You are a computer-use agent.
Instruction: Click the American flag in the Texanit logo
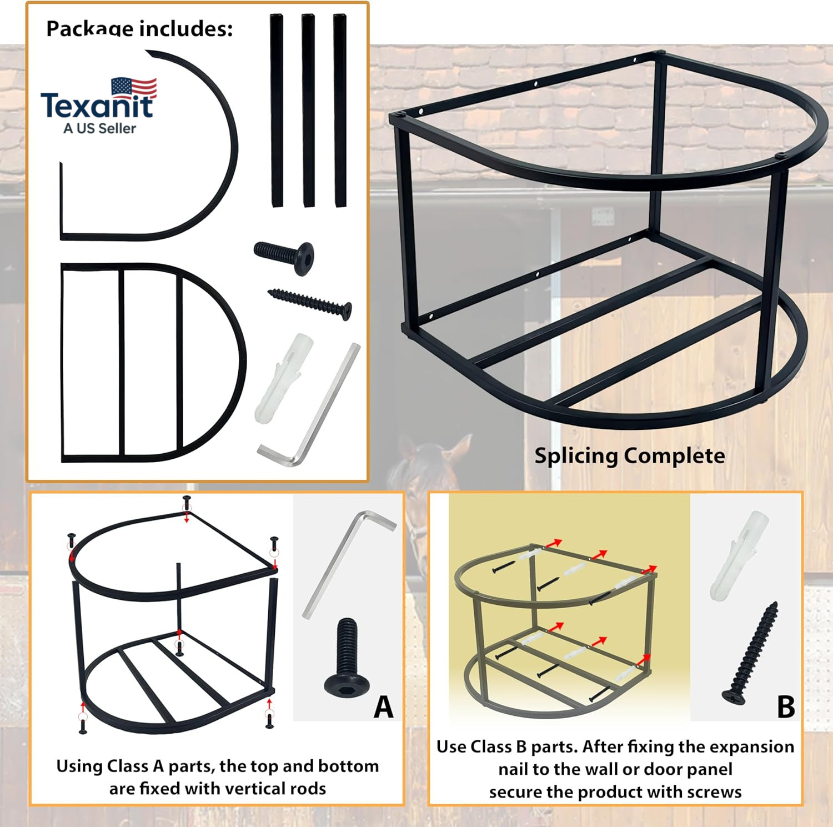(x=134, y=88)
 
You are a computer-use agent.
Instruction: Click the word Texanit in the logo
(x=97, y=106)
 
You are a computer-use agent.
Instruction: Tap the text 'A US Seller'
(x=99, y=129)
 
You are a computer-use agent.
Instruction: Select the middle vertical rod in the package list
(x=308, y=111)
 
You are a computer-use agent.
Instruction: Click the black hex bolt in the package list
(x=284, y=257)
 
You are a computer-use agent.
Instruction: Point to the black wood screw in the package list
(x=310, y=304)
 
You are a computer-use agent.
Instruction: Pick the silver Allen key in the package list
(x=309, y=405)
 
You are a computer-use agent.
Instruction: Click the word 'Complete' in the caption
(x=675, y=455)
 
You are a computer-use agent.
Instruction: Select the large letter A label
(x=383, y=707)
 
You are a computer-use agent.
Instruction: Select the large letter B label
(x=786, y=707)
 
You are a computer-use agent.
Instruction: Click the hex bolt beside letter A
(x=347, y=657)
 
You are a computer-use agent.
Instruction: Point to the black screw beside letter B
(x=750, y=653)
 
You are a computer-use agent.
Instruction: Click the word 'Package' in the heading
(x=89, y=29)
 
